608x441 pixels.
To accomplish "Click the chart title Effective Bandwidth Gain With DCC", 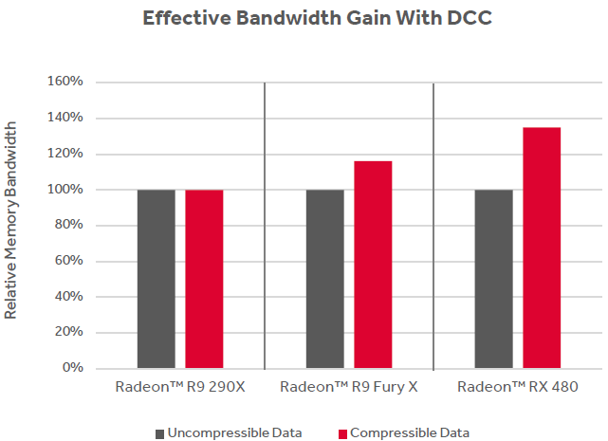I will pyautogui.click(x=303, y=18).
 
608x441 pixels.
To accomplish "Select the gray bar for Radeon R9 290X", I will pyautogui.click(x=157, y=279).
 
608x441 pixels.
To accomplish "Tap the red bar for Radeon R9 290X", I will pyautogui.click(x=204, y=279).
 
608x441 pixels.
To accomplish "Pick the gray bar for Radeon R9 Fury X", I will pyautogui.click(x=325, y=279).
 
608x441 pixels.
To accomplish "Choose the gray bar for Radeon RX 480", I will pyautogui.click(x=493, y=279).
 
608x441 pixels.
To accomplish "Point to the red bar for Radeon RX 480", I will pyautogui.click(x=542, y=248).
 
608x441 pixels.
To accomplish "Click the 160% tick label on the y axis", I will pyautogui.click(x=65, y=83).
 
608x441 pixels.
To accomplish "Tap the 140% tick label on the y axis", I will pyautogui.click(x=65, y=119).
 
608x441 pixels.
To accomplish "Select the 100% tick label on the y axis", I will pyautogui.click(x=65, y=190).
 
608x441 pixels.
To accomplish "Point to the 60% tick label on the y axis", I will pyautogui.click(x=68, y=261).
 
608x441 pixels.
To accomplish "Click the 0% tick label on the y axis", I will pyautogui.click(x=72, y=368).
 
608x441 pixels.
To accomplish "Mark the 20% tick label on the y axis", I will pyautogui.click(x=68, y=332).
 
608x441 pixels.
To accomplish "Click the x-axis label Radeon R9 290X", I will pyautogui.click(x=180, y=387).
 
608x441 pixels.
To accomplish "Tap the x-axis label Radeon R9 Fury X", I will pyautogui.click(x=349, y=387).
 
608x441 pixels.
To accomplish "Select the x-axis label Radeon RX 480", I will pyautogui.click(x=517, y=387).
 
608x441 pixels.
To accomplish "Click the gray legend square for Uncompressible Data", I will pyautogui.click(x=159, y=433).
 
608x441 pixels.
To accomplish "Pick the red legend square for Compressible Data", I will pyautogui.click(x=342, y=433).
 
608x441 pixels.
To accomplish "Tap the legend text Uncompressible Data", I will pyautogui.click(x=234, y=433).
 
